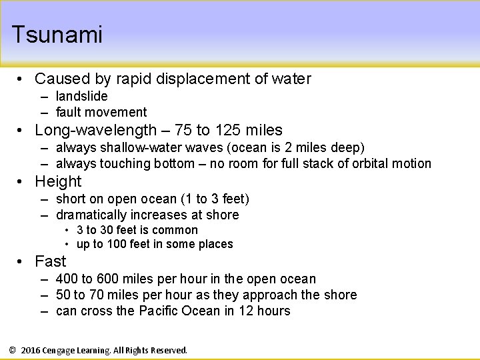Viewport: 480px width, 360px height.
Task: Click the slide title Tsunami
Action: coord(57,35)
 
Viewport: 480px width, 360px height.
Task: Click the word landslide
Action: coord(81,96)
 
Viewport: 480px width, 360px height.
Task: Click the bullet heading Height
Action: coord(58,181)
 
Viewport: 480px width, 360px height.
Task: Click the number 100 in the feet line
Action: coord(117,244)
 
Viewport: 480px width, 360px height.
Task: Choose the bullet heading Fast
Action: coord(51,261)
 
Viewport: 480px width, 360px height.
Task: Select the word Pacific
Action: coord(163,311)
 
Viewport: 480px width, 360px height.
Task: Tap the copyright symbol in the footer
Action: coord(12,350)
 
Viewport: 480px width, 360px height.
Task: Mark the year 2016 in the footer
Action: coord(31,350)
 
